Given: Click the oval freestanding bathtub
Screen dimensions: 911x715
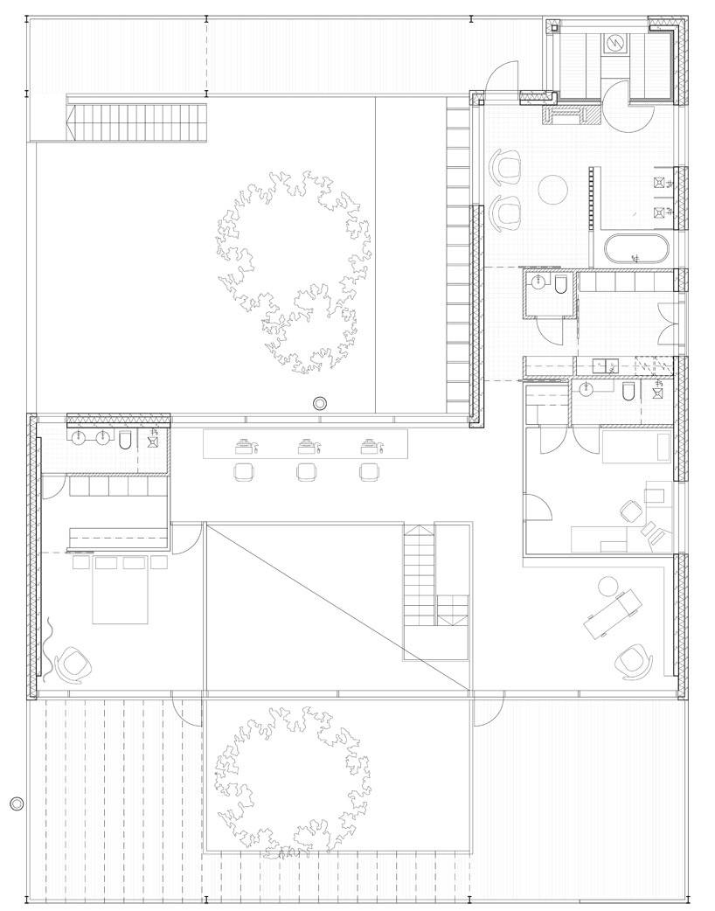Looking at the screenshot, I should coord(637,249).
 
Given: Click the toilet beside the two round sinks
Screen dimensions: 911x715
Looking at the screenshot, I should coord(125,439).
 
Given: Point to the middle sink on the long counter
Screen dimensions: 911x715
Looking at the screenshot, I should coord(305,446).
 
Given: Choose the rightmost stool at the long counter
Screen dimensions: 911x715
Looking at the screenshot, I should coord(368,472).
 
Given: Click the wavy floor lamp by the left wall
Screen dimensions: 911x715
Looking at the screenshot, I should coord(49,648).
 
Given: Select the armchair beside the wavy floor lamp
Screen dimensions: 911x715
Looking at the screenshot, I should coord(73,664).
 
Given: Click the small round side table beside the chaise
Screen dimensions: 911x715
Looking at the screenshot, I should coord(606,583).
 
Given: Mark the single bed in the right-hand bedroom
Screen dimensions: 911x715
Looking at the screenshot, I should coord(635,447).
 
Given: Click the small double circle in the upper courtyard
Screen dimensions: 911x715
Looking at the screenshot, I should coord(320,403).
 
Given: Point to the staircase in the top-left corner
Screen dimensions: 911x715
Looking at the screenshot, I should coord(140,122).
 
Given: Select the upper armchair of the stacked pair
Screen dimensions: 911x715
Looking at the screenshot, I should coord(505,163).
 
